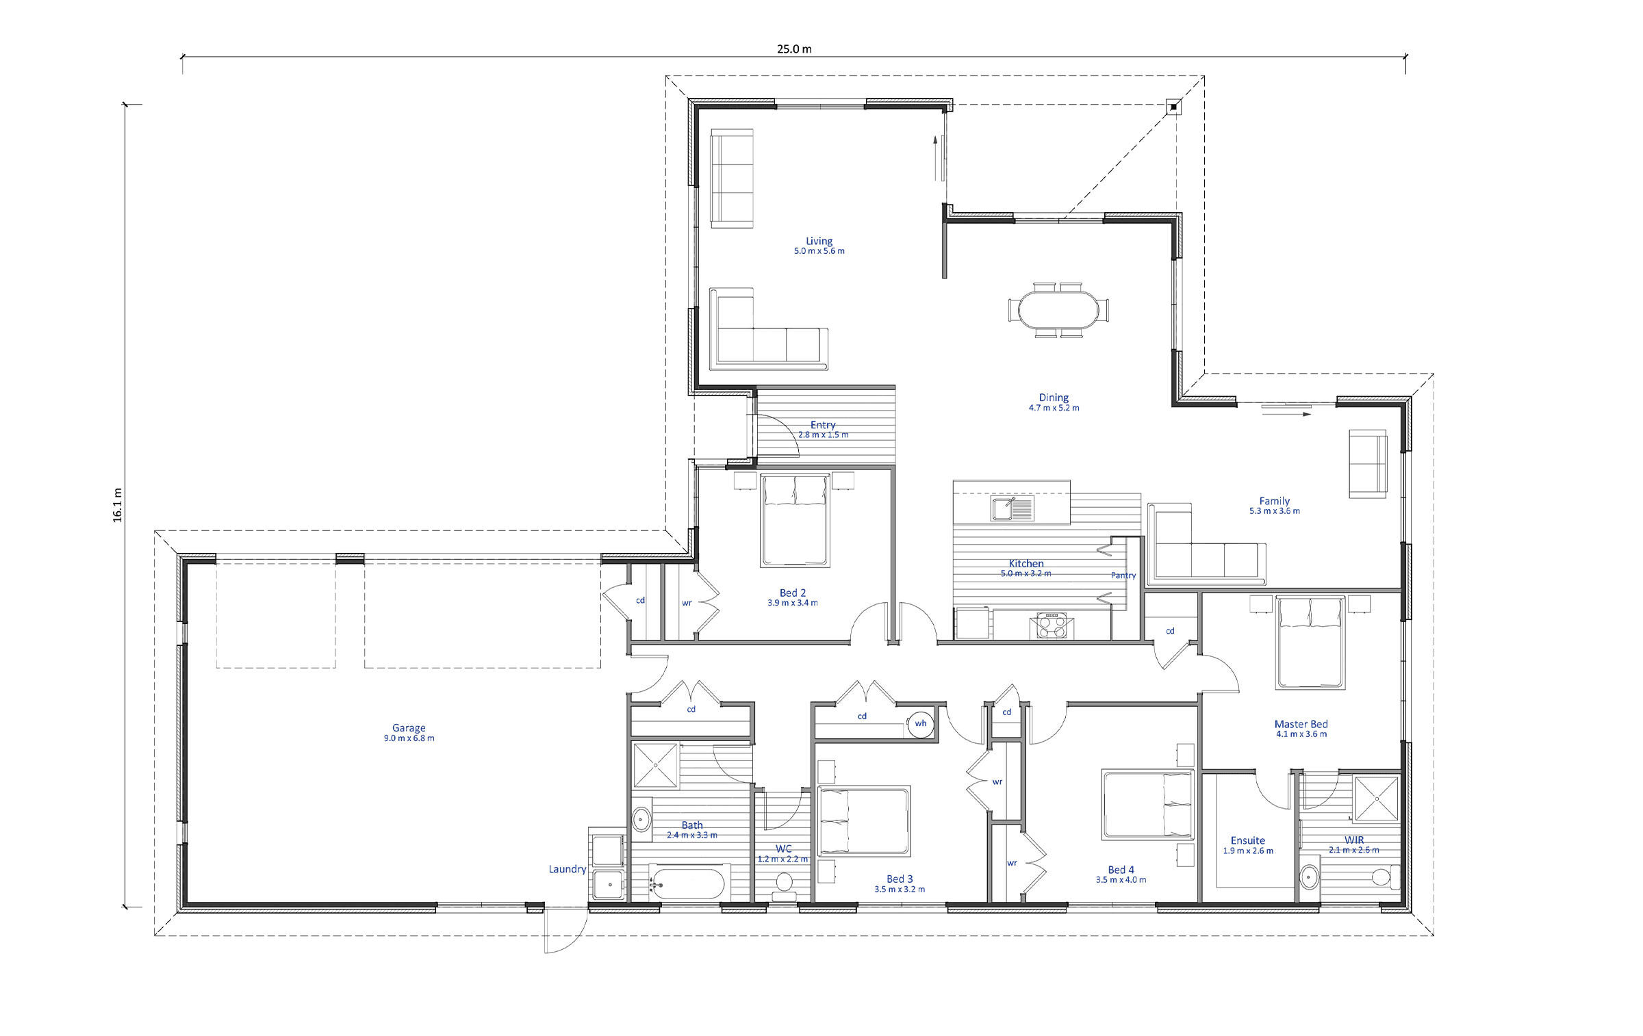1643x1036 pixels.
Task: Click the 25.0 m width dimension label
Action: (794, 49)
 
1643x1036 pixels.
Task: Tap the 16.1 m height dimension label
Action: (118, 506)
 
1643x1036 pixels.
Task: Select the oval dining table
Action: (1058, 310)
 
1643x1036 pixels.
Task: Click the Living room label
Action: (819, 241)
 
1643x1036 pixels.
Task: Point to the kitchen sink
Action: (1012, 508)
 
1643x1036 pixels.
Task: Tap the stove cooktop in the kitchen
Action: (1052, 625)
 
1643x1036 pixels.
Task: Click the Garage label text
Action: (409, 728)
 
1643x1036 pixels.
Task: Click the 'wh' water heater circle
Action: (921, 724)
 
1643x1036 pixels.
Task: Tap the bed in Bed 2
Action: (795, 520)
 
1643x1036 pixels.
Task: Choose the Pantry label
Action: (1123, 575)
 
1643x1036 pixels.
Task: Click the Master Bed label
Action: (1301, 724)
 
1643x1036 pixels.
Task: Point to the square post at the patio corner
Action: (1173, 107)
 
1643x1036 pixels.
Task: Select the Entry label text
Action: (823, 425)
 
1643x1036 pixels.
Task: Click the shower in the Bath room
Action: (656, 764)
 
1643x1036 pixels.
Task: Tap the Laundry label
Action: (568, 869)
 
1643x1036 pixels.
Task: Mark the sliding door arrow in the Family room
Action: (1286, 414)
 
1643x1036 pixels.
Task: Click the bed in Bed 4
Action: (1148, 804)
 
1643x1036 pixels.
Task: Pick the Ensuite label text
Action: (1248, 840)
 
